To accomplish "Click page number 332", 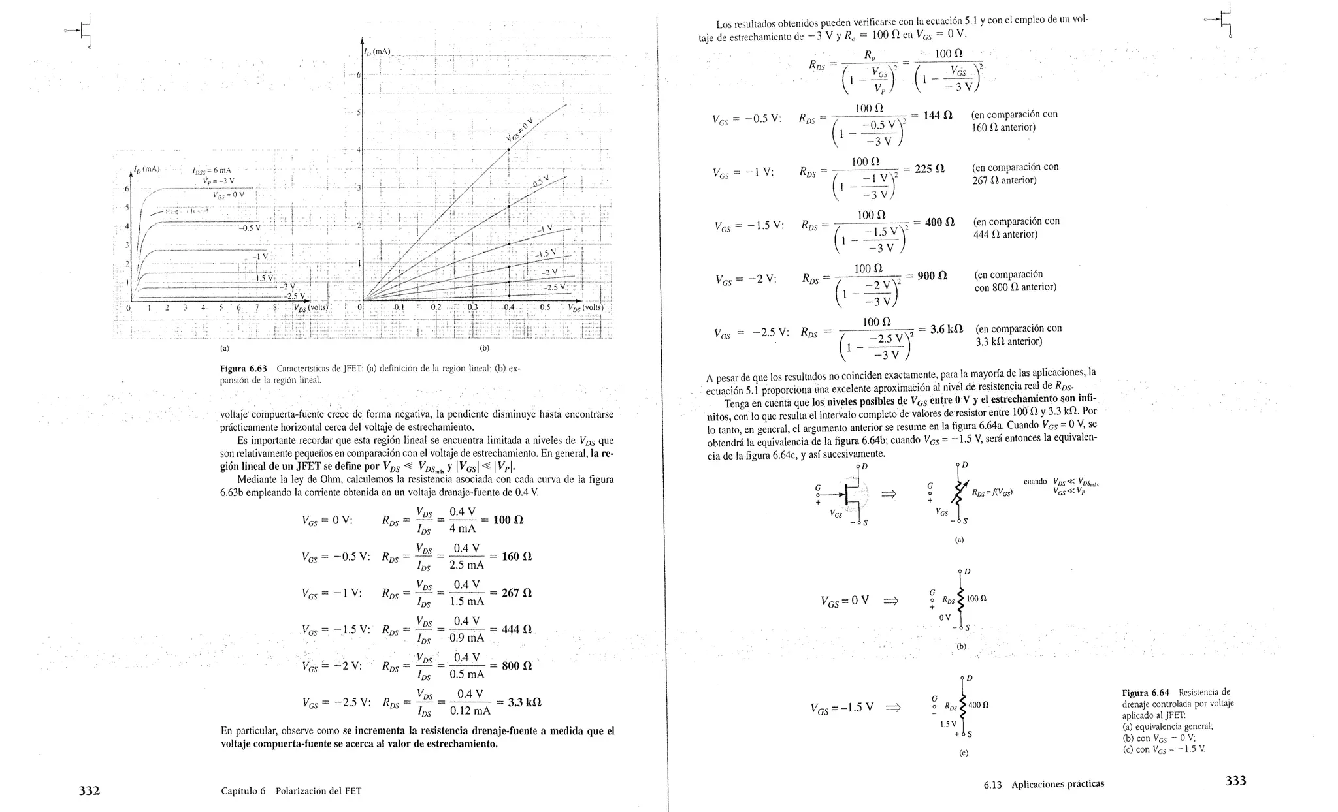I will point(89,790).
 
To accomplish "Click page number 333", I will point(1235,781).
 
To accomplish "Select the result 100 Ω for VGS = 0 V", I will point(510,520).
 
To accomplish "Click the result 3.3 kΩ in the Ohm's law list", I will point(525,702).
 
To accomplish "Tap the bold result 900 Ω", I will point(932,276).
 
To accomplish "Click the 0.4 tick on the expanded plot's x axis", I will point(508,307).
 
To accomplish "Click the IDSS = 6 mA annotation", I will point(212,171).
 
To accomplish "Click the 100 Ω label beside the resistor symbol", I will point(978,599).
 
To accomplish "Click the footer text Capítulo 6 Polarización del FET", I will point(291,791).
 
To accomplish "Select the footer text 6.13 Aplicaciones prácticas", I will point(1043,784).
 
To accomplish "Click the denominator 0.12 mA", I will point(470,711).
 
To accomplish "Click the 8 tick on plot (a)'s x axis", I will point(275,308).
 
